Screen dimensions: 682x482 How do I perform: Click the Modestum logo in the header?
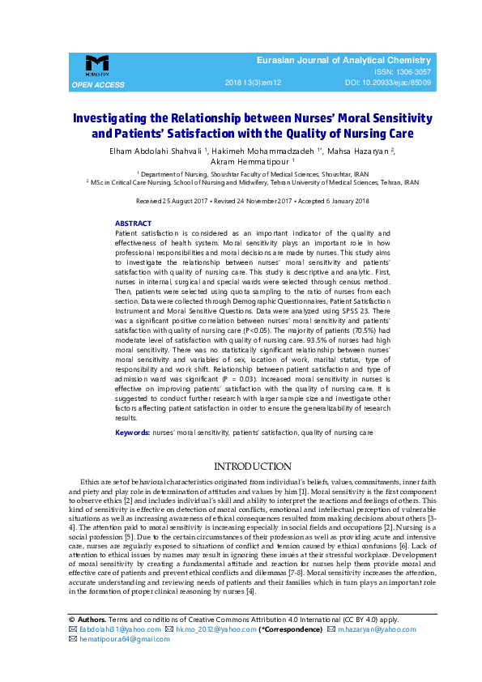pyautogui.click(x=97, y=66)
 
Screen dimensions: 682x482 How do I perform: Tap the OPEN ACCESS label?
pyautogui.click(x=98, y=84)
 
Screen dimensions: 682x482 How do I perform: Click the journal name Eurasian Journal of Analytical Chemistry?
pyautogui.click(x=343, y=61)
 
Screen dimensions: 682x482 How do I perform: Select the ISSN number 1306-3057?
pyautogui.click(x=410, y=72)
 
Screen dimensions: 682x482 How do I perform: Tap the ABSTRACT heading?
pyautogui.click(x=133, y=223)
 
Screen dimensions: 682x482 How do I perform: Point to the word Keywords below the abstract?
pyautogui.click(x=132, y=433)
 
